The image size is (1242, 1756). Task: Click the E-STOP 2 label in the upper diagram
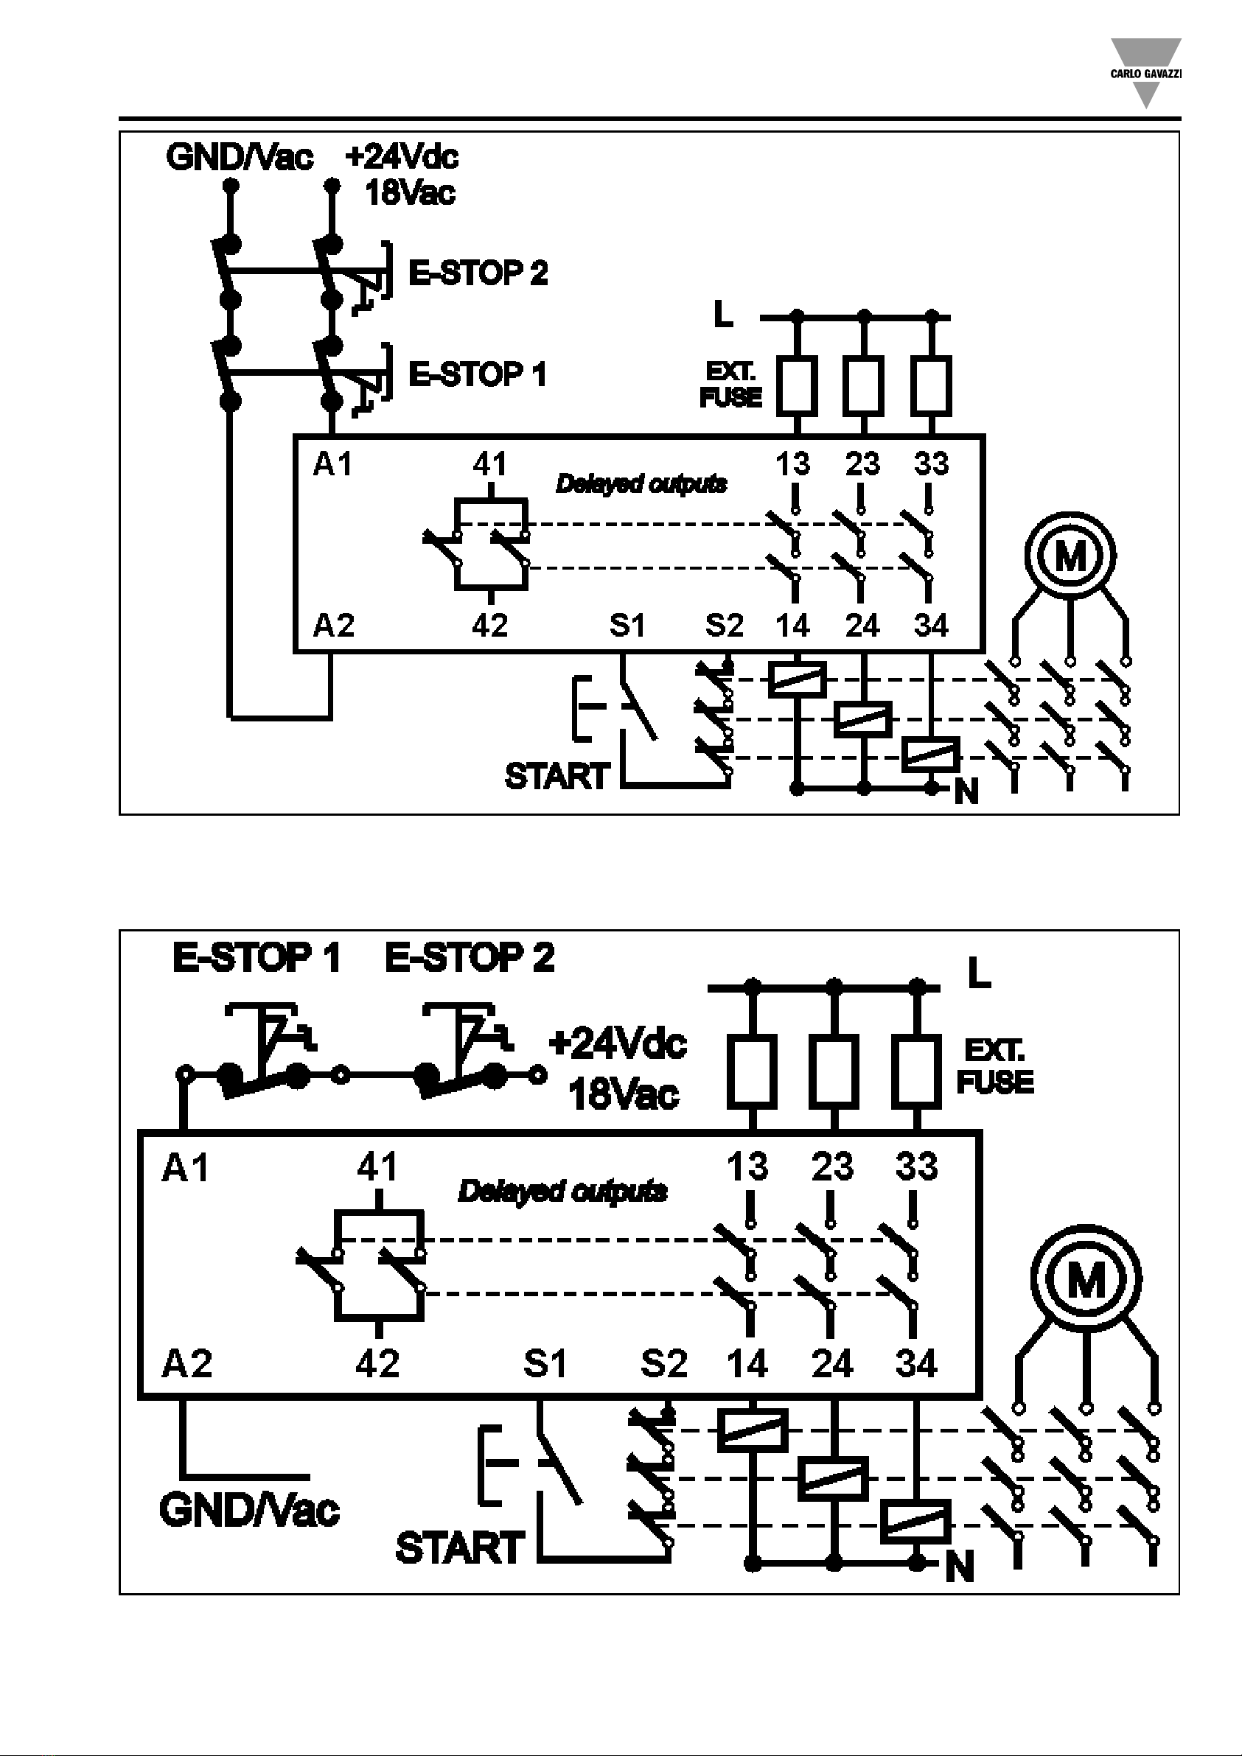(478, 273)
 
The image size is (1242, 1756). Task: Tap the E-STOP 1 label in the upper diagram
(478, 375)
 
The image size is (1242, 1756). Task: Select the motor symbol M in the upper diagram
(1070, 556)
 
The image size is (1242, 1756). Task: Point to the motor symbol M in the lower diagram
(1086, 1279)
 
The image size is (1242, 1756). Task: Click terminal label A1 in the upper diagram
(333, 464)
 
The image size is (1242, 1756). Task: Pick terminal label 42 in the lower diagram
(378, 1363)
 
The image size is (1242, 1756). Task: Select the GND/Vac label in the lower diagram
(249, 1510)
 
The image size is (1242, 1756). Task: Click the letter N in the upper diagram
(966, 793)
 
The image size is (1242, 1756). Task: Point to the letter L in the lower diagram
(980, 973)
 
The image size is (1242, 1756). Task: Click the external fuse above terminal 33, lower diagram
(916, 1071)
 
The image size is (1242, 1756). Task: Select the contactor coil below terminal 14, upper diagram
(797, 679)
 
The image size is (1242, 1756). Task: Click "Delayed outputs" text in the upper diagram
(641, 484)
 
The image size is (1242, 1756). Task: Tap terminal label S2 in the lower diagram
(664, 1363)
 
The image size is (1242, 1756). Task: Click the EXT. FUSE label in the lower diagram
(995, 1066)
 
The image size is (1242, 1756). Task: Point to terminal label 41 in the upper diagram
(489, 464)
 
